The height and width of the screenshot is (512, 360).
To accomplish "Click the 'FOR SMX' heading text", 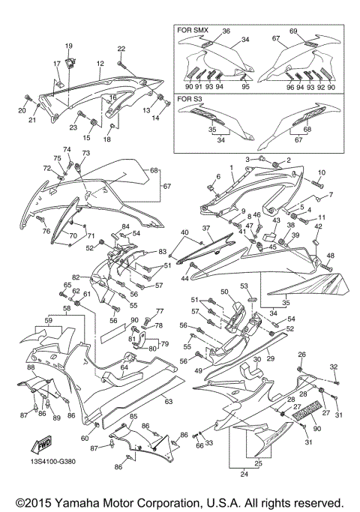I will (192, 31).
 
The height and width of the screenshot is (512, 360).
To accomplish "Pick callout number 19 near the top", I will (68, 46).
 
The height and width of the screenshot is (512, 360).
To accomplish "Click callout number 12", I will (99, 65).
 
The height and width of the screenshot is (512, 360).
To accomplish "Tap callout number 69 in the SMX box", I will (294, 31).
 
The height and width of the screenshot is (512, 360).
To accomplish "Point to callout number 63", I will (168, 402).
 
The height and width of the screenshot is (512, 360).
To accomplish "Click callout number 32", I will (334, 366).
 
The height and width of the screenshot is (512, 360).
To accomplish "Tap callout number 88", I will (31, 367).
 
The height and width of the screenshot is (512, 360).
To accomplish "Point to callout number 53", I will (244, 286).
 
